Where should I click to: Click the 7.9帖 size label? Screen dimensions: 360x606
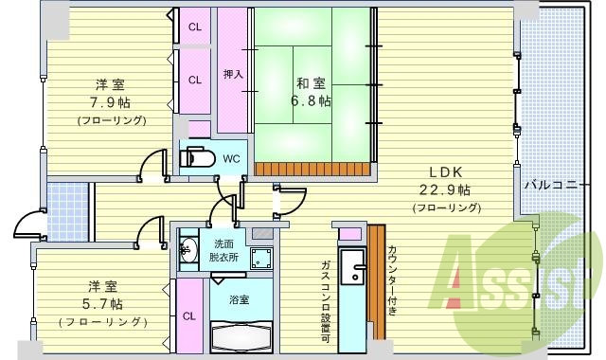[111, 102]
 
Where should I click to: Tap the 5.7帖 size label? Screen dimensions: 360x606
[105, 303]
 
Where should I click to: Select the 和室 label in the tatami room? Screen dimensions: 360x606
[311, 81]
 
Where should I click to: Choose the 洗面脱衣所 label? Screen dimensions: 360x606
[223, 250]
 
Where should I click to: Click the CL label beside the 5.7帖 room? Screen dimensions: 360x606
[188, 316]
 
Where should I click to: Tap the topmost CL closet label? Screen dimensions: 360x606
[194, 27]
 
